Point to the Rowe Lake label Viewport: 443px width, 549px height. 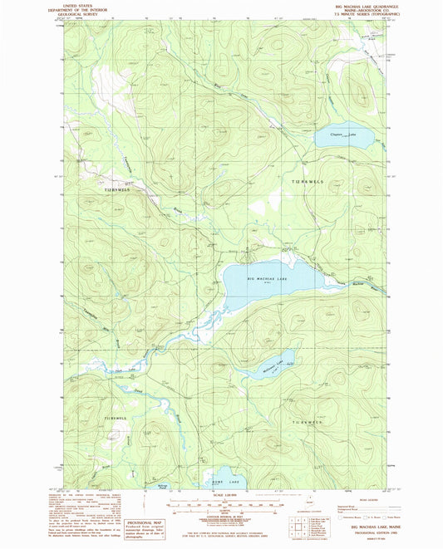pyautogui.click(x=208, y=481)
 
